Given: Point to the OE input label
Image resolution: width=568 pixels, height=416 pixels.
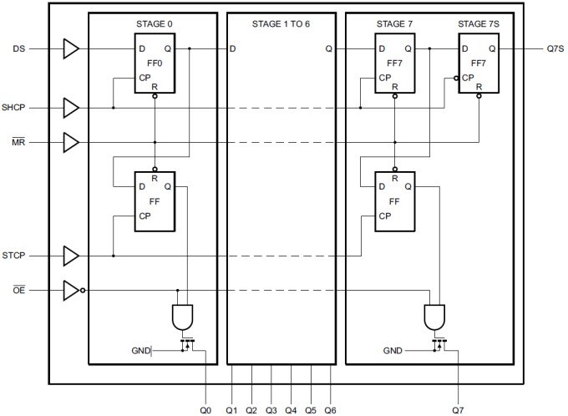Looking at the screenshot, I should coord(17,291).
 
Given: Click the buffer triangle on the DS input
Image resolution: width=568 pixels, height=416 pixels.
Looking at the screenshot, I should coord(72,49).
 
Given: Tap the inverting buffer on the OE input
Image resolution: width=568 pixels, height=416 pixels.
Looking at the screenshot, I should coord(73,291).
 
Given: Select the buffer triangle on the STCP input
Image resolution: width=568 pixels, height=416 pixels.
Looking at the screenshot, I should coord(72,255).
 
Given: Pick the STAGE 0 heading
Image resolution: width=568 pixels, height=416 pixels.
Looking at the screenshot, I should coord(155,23).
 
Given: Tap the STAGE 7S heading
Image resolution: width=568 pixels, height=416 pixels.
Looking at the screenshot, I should coord(478,23).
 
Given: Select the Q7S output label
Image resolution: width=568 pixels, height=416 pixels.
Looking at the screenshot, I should coord(546,49).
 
